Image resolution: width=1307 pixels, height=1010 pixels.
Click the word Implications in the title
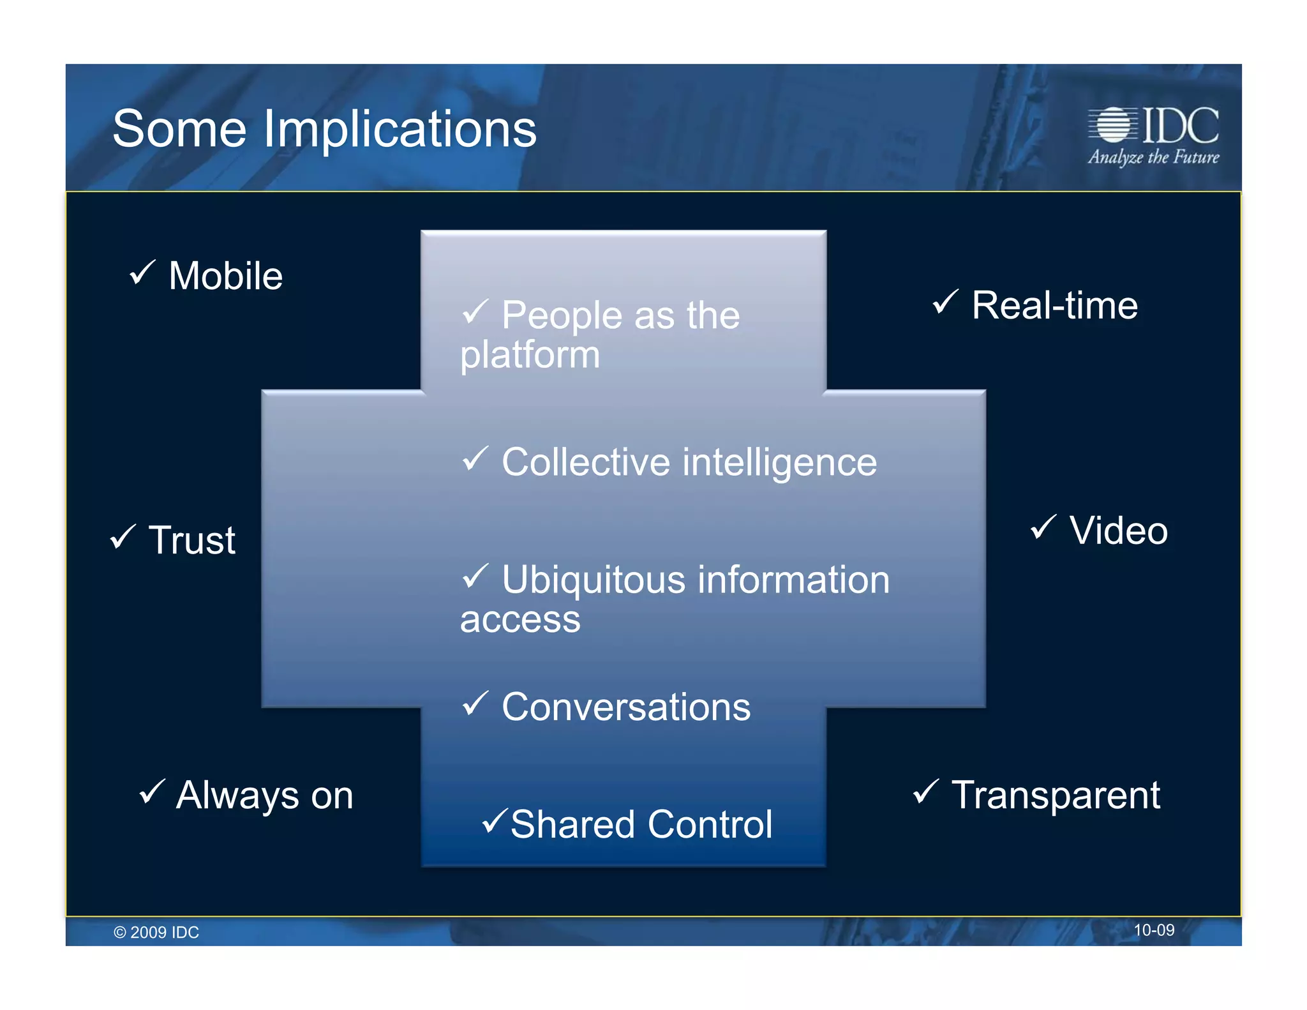400,130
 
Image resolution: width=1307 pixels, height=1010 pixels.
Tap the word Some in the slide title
179,130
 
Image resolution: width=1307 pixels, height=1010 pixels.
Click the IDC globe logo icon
1114,124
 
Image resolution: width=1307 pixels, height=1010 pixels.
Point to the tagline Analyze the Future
1153,157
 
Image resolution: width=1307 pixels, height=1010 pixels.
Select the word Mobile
225,276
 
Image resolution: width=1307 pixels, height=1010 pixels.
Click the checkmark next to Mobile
142,273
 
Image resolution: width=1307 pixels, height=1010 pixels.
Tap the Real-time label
1054,305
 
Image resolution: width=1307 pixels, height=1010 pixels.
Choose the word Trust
192,540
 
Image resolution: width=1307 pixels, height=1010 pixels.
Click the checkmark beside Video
1043,527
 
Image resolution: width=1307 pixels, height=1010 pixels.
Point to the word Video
1118,531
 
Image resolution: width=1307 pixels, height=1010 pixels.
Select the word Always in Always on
237,796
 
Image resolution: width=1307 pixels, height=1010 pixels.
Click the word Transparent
1056,795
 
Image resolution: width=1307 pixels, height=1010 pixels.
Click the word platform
530,355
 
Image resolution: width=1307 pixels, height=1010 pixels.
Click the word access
520,620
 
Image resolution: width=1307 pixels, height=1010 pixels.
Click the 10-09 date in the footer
1153,930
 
